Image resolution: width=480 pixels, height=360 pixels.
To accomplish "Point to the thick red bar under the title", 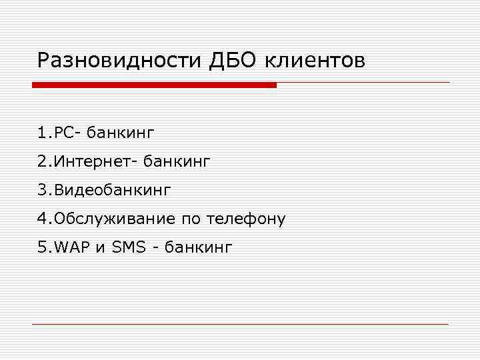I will [x=154, y=85].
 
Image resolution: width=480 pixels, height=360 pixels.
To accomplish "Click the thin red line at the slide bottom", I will [x=240, y=324].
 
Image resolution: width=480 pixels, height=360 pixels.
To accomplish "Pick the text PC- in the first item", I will [x=67, y=133].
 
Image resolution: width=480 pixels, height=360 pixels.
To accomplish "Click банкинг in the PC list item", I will [x=121, y=133].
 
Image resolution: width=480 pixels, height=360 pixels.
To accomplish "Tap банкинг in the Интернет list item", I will [x=179, y=161].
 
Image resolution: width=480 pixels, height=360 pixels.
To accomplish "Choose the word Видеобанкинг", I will [x=113, y=190].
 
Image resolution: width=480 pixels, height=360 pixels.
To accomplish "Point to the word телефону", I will [x=246, y=219].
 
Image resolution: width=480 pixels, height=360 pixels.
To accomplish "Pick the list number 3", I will [x=43, y=190].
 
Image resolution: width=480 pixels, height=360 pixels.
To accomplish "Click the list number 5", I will [x=43, y=247].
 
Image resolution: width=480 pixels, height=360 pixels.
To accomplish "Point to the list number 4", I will [x=43, y=219].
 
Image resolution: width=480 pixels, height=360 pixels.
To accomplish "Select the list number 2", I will [x=43, y=161].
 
